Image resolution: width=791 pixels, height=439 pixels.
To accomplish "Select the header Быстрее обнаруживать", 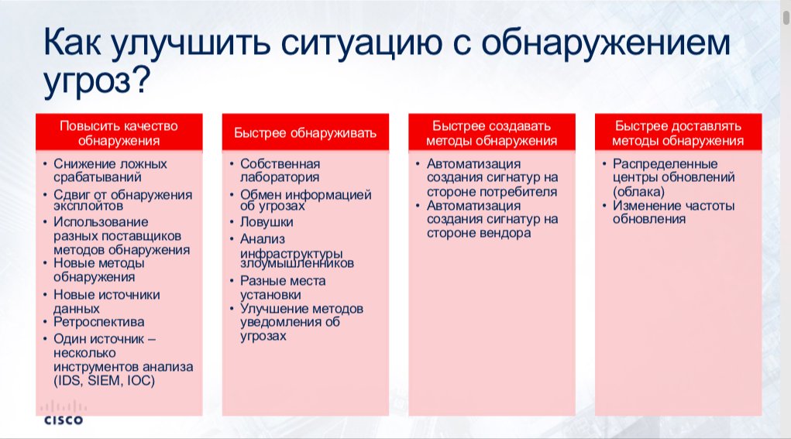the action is point(305,133).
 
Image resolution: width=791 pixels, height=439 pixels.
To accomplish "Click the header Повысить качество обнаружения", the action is point(119,133).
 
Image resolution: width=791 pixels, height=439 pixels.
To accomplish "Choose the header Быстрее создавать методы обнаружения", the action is point(492,133).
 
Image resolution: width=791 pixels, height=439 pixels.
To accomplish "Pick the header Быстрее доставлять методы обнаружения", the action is point(678,133).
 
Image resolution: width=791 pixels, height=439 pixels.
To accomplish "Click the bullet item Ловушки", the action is point(267,221).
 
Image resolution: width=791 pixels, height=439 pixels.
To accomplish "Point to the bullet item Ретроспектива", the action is point(99,321).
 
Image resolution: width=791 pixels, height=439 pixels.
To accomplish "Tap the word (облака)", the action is point(638,191).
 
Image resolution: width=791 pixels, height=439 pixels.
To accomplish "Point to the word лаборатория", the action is point(280,177).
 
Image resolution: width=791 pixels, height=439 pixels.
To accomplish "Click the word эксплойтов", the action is point(88,206).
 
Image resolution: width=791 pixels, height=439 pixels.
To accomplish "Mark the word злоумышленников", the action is point(297,263).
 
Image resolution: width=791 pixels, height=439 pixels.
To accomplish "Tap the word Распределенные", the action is point(665,164).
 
